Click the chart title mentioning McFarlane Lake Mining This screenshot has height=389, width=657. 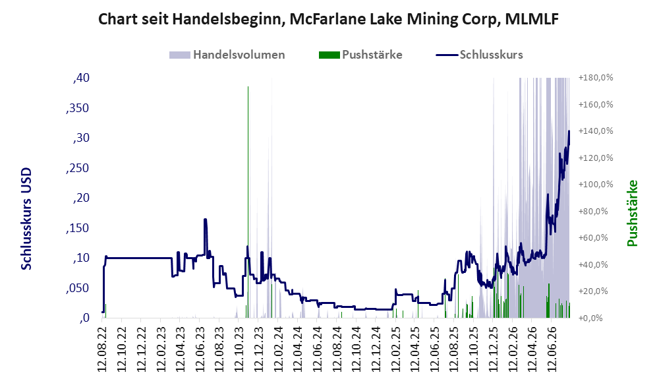(x=328, y=19)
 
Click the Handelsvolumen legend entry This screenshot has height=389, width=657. (x=227, y=55)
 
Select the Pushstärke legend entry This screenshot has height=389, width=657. (x=360, y=55)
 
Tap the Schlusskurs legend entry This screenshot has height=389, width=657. (x=479, y=55)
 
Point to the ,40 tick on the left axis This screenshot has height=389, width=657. (x=81, y=78)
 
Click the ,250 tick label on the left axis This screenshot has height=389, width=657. (x=78, y=168)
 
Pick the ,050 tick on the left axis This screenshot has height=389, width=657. (x=78, y=288)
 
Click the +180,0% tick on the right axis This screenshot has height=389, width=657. (x=596, y=78)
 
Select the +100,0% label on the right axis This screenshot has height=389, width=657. (x=596, y=185)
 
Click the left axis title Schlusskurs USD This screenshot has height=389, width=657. (x=26, y=219)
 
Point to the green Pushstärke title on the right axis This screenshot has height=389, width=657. (x=632, y=213)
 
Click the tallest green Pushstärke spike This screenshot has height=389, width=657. (x=248, y=202)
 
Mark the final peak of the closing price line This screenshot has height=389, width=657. (x=569, y=131)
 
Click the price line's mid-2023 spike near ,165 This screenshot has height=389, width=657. (x=205, y=220)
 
